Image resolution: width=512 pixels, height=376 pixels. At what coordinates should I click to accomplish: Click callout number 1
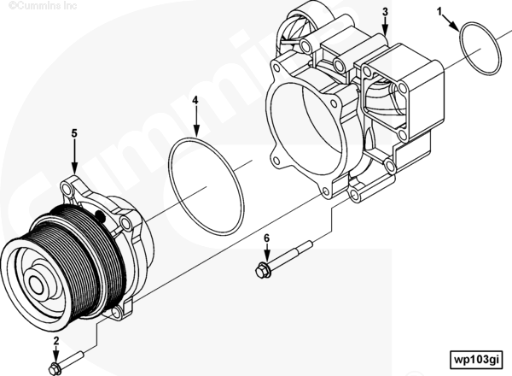(440, 12)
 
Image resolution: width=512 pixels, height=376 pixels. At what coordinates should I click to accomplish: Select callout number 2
(55, 342)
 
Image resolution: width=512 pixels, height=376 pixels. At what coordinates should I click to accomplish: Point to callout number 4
(195, 100)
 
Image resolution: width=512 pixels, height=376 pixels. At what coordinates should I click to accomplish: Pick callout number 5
(74, 133)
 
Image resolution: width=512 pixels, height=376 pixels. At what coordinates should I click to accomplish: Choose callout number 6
(266, 238)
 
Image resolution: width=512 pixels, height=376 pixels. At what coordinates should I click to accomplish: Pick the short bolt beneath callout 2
(67, 362)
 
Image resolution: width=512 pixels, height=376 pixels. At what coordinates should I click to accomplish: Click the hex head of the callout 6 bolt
(262, 271)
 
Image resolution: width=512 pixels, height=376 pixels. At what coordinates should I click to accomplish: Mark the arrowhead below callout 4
(195, 135)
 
